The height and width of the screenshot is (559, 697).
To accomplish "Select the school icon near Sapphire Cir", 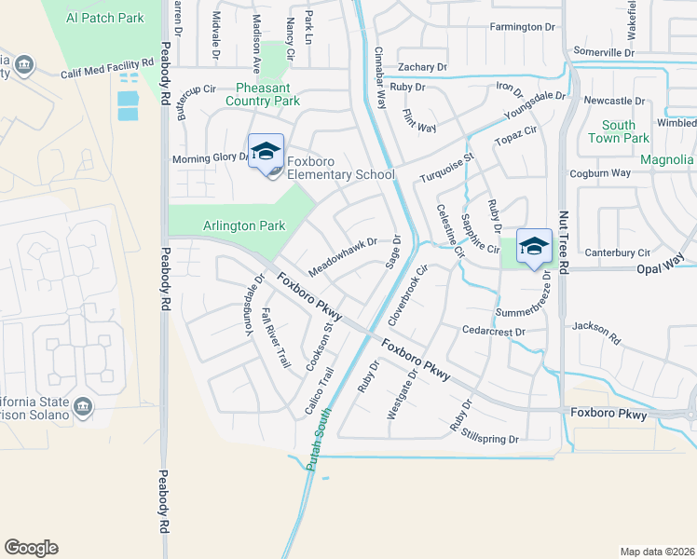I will [534, 246].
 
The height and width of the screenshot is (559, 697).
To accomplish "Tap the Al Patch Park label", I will [105, 18].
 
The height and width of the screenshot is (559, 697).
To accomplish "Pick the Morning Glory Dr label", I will [211, 158].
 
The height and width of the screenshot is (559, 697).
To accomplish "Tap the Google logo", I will [31, 548].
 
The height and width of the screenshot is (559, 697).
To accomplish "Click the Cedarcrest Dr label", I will [494, 331].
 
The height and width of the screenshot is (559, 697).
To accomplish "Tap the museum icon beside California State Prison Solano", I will [83, 406].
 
